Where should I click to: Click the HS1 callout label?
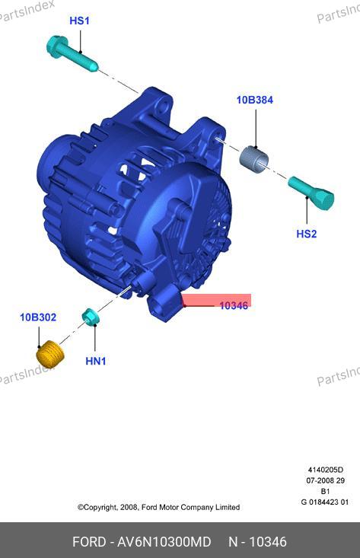pos(79,21)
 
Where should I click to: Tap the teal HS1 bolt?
pos(72,54)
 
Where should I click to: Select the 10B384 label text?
pos(255,100)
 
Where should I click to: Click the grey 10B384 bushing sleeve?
pos(254,158)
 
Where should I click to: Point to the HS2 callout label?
pos(306,234)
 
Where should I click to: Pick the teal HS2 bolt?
pos(311,193)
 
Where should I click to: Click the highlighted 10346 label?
pos(234,305)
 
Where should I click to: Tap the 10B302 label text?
pos(38,317)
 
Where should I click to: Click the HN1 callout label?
pos(96,361)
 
